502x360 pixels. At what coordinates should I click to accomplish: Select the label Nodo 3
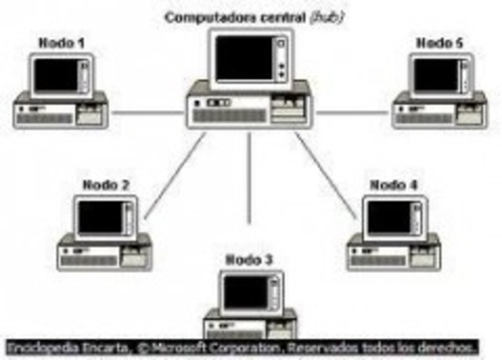[249, 260]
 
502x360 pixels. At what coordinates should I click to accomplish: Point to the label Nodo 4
[394, 185]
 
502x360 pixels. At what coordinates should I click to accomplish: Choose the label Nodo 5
[438, 43]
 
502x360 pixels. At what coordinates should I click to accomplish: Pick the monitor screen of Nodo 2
[100, 217]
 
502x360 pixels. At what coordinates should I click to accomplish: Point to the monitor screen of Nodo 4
[389, 217]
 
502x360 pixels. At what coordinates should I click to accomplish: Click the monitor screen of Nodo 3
[245, 292]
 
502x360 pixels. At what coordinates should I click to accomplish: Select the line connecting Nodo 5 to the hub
[352, 112]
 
